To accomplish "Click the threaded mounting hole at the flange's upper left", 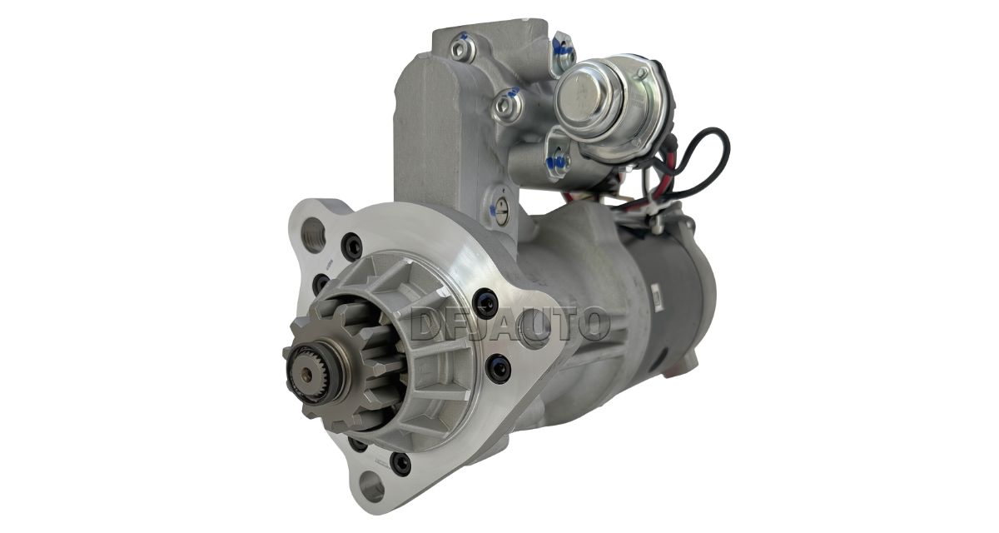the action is (313, 235).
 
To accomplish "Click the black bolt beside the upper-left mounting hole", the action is (351, 247).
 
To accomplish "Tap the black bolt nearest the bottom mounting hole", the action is (400, 464).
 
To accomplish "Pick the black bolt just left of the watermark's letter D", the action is (485, 303).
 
